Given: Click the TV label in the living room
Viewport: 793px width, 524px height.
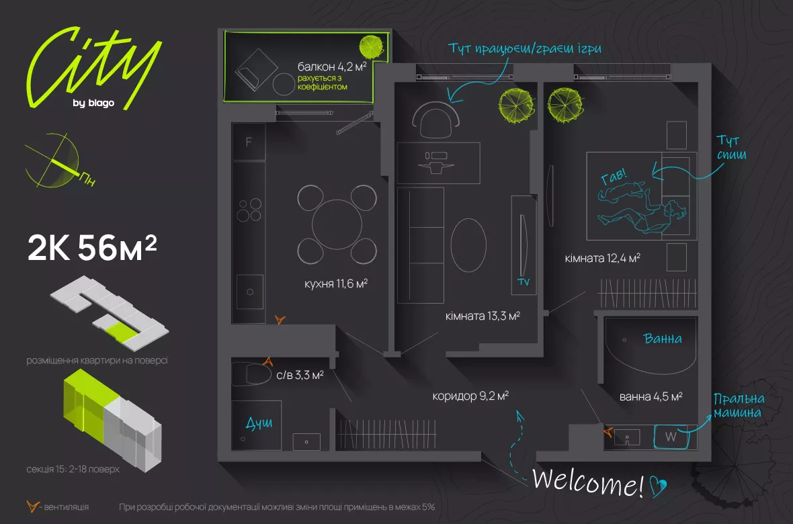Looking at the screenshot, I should coord(524,283).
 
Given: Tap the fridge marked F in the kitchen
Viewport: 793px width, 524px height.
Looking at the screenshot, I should coord(249,142).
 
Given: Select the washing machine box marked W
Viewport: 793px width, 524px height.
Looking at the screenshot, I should coord(670,437).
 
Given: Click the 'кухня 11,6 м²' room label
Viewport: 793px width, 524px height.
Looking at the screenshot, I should coord(335,284).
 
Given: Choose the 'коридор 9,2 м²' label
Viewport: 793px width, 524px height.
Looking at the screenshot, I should coord(470,396).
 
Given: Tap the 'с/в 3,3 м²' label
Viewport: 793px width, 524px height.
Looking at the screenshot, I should coord(300,376).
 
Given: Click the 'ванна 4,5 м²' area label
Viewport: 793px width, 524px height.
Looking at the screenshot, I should coord(651,396).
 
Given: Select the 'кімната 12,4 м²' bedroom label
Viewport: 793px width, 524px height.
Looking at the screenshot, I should coord(601,258).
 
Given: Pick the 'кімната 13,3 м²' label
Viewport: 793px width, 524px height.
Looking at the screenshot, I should coord(483,315).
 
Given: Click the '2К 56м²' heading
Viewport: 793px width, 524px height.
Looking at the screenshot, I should coord(92,249).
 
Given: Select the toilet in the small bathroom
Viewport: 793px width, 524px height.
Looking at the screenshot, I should coord(251,374).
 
